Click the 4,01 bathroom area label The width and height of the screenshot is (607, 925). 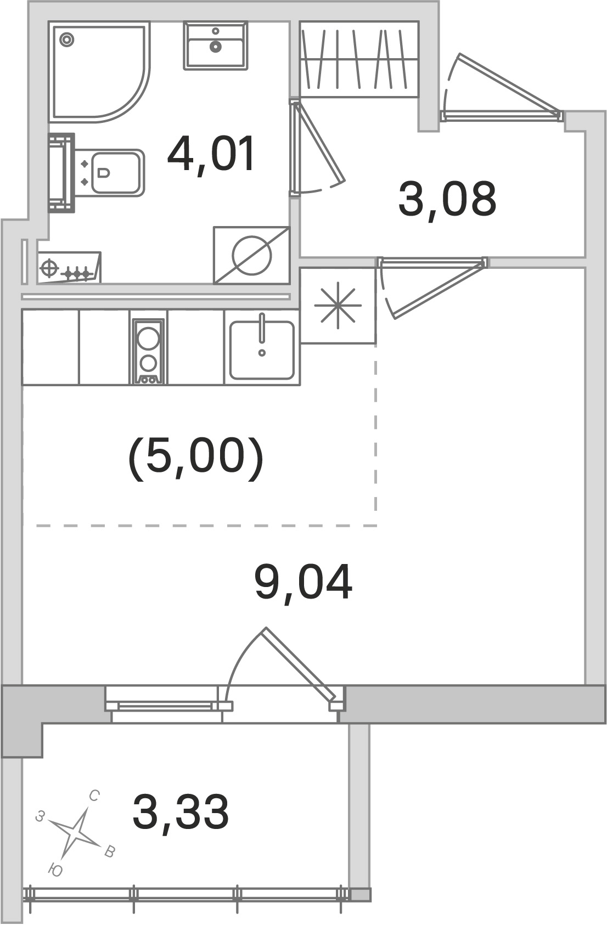[211, 155]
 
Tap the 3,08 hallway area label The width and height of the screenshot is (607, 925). [447, 199]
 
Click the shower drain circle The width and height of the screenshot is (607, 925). [67, 39]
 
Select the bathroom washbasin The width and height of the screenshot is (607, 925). [215, 46]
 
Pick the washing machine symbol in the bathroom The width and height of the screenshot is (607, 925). [251, 256]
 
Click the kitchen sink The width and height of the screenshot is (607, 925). [261, 350]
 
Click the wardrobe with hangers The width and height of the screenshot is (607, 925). [359, 59]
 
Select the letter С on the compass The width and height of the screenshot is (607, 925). [94, 797]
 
